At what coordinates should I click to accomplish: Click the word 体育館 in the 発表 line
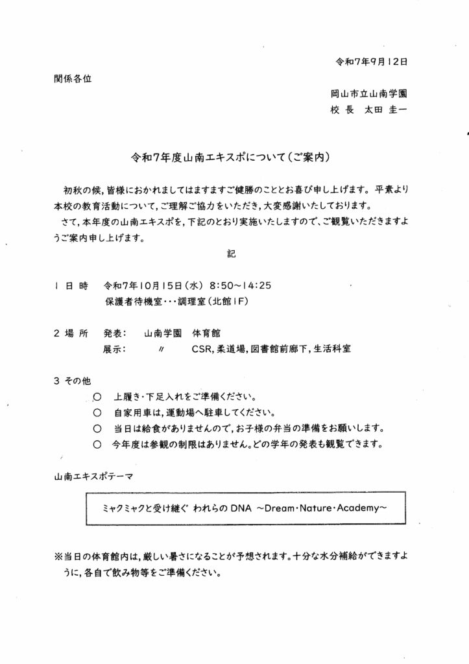[206, 333]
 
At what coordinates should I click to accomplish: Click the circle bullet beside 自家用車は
[97, 413]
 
